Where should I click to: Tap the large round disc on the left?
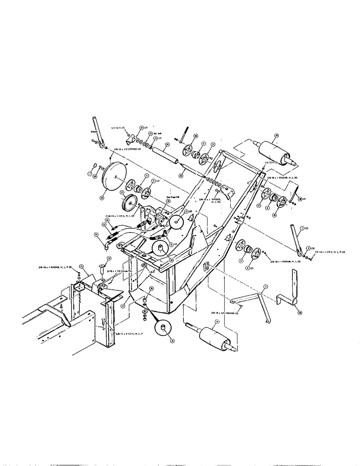tap(112, 176)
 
